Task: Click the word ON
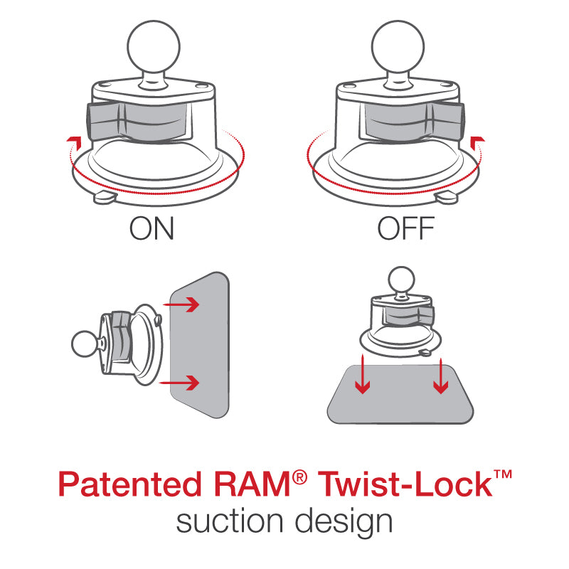pyautogui.click(x=151, y=229)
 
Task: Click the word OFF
pyautogui.click(x=405, y=229)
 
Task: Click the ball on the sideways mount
pyautogui.click(x=85, y=345)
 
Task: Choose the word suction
pyautogui.click(x=230, y=521)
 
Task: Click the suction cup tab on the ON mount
pyautogui.click(x=104, y=197)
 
